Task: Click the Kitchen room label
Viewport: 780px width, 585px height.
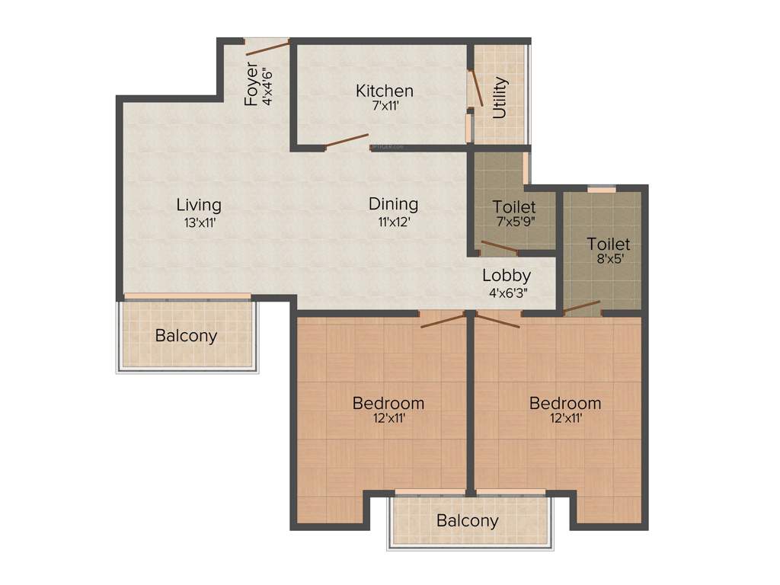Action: pyautogui.click(x=385, y=91)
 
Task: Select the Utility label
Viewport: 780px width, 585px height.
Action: pyautogui.click(x=500, y=97)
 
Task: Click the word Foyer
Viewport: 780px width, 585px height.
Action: pyautogui.click(x=251, y=86)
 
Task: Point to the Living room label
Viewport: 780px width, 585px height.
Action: pyautogui.click(x=199, y=205)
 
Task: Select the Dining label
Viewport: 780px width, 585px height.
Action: pyautogui.click(x=393, y=204)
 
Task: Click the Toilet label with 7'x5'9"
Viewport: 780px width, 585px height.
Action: pyautogui.click(x=514, y=206)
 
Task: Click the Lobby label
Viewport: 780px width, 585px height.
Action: pyautogui.click(x=507, y=276)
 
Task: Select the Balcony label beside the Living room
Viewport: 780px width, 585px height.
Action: pyautogui.click(x=186, y=335)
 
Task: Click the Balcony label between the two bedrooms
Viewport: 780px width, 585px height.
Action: pyautogui.click(x=467, y=521)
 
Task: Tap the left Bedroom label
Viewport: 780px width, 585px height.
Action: pyautogui.click(x=388, y=403)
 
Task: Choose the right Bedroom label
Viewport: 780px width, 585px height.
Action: pyautogui.click(x=565, y=403)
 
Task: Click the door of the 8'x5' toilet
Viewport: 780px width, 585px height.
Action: pyautogui.click(x=581, y=308)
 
